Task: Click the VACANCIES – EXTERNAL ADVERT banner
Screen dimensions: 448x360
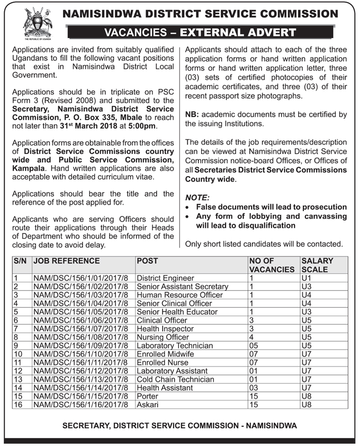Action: (207, 32)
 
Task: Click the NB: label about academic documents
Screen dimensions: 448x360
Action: (192, 114)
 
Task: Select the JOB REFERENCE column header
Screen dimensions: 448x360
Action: (66, 261)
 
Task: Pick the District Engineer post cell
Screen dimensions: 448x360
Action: (165, 278)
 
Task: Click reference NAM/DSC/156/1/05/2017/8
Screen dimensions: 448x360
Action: (80, 312)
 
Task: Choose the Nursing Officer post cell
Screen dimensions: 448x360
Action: (163, 337)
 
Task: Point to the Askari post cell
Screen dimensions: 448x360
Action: (148, 405)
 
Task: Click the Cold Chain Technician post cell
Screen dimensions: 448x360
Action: (175, 379)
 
